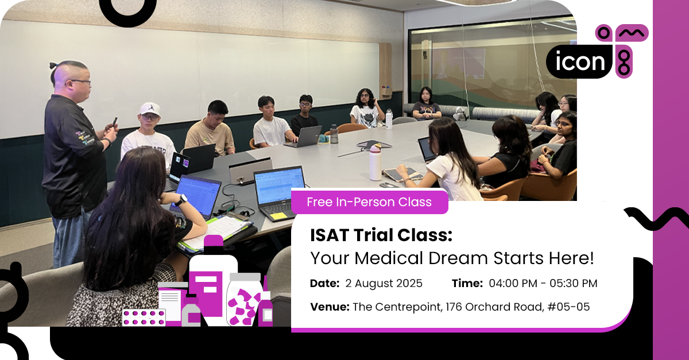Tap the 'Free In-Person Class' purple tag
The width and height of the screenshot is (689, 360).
click(369, 202)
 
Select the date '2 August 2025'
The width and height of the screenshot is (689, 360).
click(385, 283)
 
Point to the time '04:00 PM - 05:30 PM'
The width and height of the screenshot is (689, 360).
click(543, 283)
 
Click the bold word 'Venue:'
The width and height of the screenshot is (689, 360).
click(330, 307)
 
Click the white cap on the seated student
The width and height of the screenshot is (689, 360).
click(150, 109)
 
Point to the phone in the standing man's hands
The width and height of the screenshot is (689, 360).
click(114, 122)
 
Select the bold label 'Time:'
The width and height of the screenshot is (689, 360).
click(467, 283)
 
